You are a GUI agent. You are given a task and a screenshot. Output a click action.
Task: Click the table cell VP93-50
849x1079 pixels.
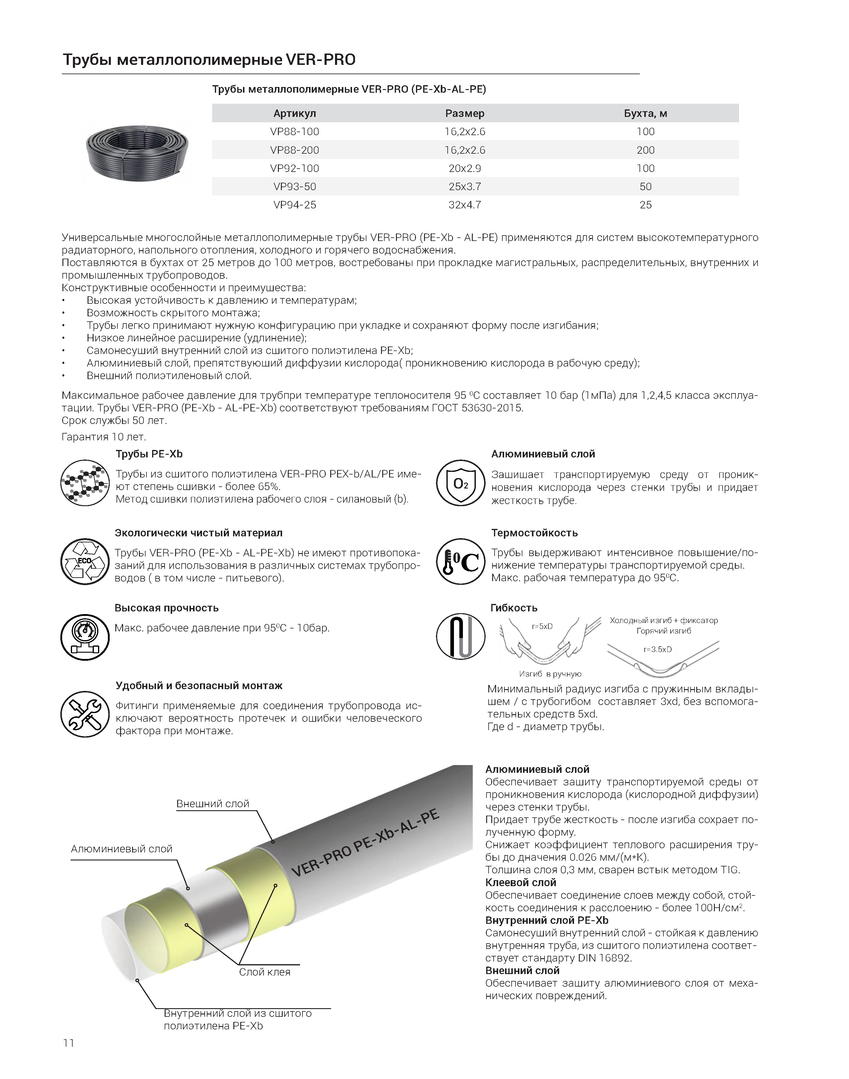pyautogui.click(x=294, y=187)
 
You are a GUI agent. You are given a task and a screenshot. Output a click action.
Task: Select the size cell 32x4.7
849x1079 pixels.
pyautogui.click(x=464, y=205)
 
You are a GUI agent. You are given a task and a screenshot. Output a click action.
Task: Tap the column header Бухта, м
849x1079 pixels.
pyautogui.click(x=645, y=113)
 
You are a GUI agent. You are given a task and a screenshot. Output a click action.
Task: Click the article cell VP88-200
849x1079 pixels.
pyautogui.click(x=294, y=150)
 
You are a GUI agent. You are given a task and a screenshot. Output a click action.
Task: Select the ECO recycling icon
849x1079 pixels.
pyautogui.click(x=85, y=561)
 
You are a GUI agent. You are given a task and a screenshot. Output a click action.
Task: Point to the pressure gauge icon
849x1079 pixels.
pyautogui.click(x=85, y=637)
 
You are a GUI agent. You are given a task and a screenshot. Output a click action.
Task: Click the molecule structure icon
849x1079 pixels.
pyautogui.click(x=85, y=483)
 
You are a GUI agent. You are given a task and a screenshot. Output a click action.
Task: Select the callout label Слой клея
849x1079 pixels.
pyautogui.click(x=264, y=972)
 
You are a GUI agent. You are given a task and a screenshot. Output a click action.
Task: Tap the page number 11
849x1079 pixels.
pyautogui.click(x=69, y=1043)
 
